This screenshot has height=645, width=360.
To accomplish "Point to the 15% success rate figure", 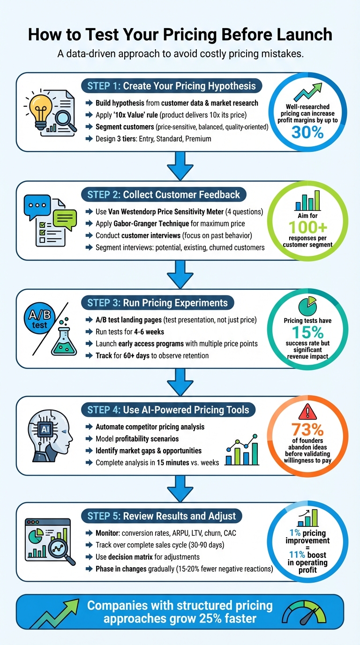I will (307, 332).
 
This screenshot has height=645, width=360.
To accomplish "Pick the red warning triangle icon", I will (307, 412).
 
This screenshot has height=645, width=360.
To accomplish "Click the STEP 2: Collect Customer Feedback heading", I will (164, 195).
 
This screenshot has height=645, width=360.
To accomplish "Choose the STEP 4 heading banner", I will (171, 410).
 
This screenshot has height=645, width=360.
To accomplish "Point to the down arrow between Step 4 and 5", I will (180, 488).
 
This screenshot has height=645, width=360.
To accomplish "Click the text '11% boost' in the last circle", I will (307, 555).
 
